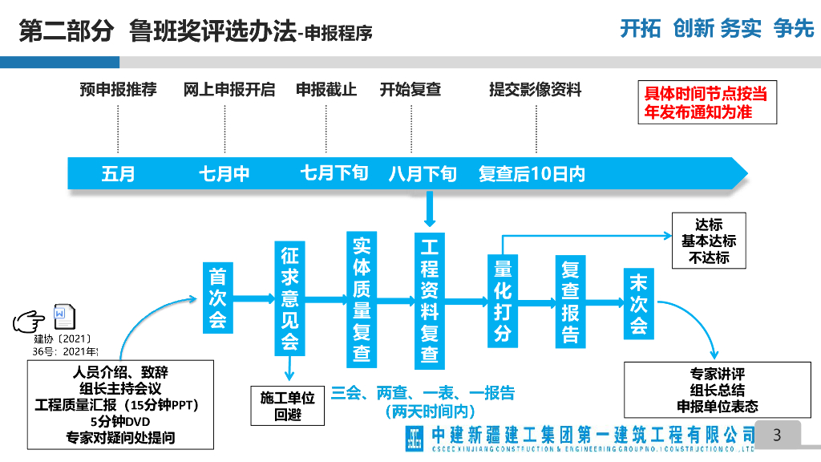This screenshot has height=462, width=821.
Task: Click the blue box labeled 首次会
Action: [x=217, y=298]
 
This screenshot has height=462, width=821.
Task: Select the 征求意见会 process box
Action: [x=289, y=298]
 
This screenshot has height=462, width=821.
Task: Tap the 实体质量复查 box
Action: [x=361, y=298]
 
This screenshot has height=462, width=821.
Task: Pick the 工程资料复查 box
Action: [x=430, y=298]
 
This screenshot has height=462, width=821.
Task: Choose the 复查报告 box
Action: [x=570, y=301]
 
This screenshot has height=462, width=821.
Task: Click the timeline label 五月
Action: [x=118, y=174]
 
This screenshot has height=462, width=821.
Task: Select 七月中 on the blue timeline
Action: [x=224, y=174]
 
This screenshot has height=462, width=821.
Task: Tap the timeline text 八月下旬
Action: [x=423, y=174]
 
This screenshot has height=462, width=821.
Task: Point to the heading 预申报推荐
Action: [x=118, y=90]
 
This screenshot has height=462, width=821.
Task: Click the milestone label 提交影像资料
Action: [x=535, y=90]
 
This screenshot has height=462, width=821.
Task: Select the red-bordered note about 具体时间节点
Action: [x=706, y=103]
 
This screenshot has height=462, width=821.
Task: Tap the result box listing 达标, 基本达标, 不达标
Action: [x=709, y=241]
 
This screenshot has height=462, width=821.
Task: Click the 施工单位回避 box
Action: [x=287, y=406]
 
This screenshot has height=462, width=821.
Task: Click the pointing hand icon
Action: [x=31, y=320]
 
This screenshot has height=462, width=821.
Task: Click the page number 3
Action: [x=776, y=436]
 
